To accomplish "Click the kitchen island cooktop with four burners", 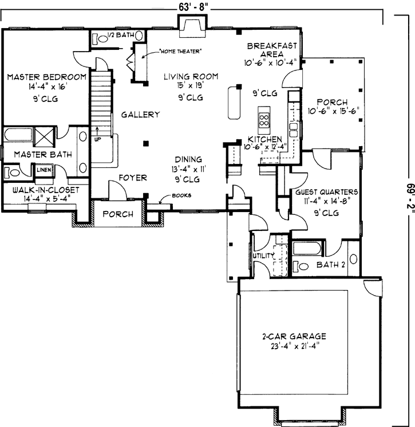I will click(x=265, y=119).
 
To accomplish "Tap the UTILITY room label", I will click(x=263, y=255).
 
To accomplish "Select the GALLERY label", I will click(x=140, y=115).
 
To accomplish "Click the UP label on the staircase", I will click(x=97, y=138).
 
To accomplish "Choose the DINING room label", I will click(x=188, y=160).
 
